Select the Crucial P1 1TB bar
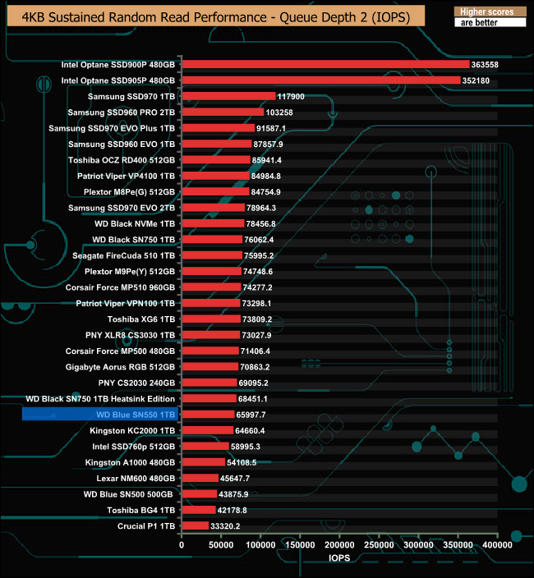195,525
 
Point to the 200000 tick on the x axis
339,544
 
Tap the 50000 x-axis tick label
221,544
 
